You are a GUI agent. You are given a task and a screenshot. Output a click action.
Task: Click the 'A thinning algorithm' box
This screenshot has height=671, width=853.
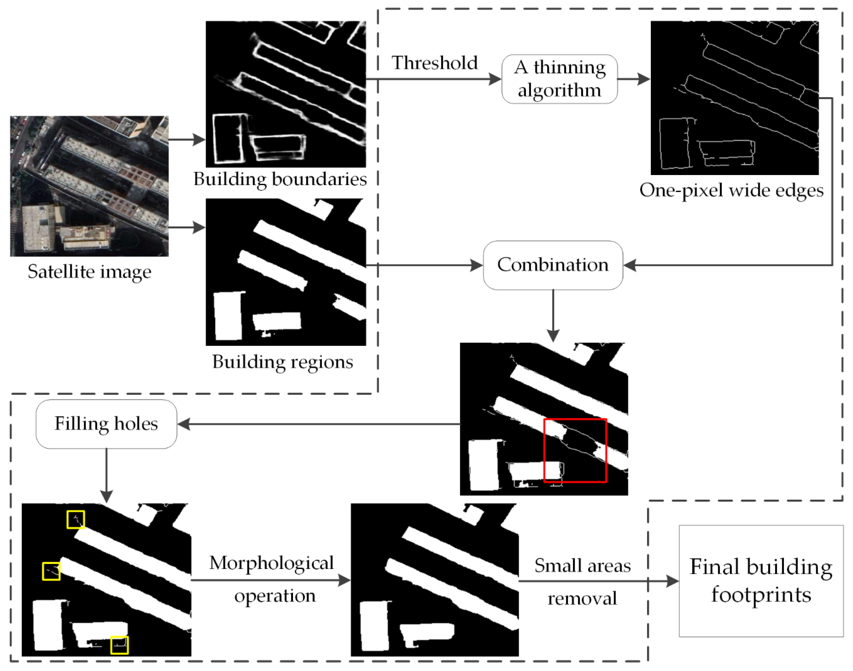(x=559, y=79)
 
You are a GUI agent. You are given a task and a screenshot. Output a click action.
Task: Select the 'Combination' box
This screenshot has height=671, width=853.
(x=552, y=265)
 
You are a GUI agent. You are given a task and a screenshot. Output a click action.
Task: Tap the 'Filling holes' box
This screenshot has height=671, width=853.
(x=106, y=424)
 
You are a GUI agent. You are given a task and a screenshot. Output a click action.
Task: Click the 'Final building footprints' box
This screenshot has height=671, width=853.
(x=761, y=581)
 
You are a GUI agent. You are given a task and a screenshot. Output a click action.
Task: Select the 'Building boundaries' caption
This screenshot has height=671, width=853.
(x=280, y=179)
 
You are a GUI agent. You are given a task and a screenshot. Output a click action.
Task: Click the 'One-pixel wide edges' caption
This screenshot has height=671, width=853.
(x=731, y=190)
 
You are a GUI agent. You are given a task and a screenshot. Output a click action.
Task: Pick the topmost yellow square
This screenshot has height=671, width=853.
(x=75, y=519)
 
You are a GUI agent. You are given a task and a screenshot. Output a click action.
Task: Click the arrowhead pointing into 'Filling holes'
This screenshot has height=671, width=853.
(x=184, y=424)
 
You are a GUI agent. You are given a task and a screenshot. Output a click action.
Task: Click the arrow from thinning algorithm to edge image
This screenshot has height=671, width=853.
(x=633, y=79)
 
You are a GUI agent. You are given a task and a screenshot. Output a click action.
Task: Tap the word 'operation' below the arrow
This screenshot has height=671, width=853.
(x=275, y=596)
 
